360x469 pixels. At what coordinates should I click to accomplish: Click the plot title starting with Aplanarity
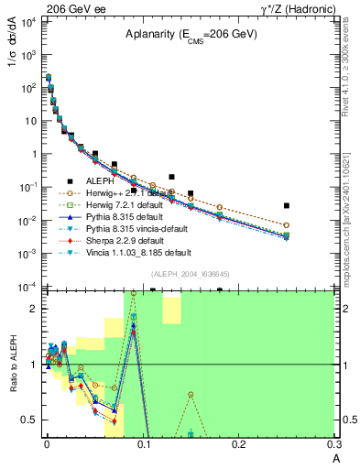pyautogui.click(x=191, y=34)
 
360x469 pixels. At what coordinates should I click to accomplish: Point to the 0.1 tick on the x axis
pyautogui.click(x=143, y=446)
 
